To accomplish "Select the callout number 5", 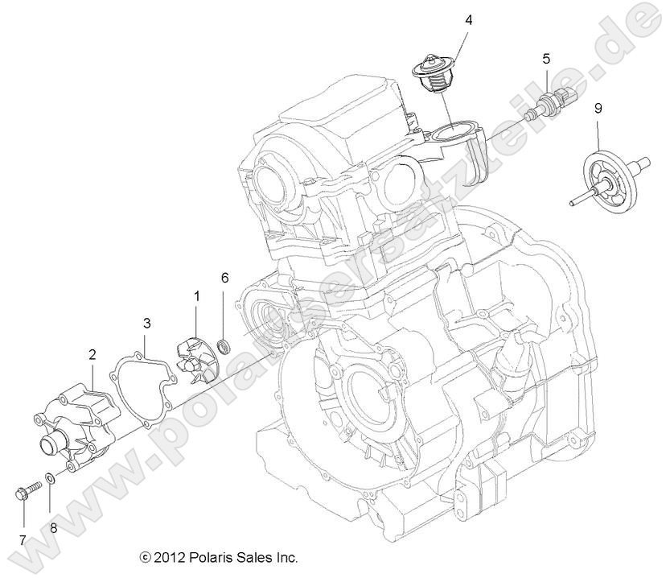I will click(x=546, y=58).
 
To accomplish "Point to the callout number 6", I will click(x=224, y=278).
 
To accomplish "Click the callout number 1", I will click(x=195, y=297).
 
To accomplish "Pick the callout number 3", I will click(x=147, y=324).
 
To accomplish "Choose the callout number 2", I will click(x=92, y=353).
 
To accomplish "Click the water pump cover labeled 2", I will click(x=76, y=425).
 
